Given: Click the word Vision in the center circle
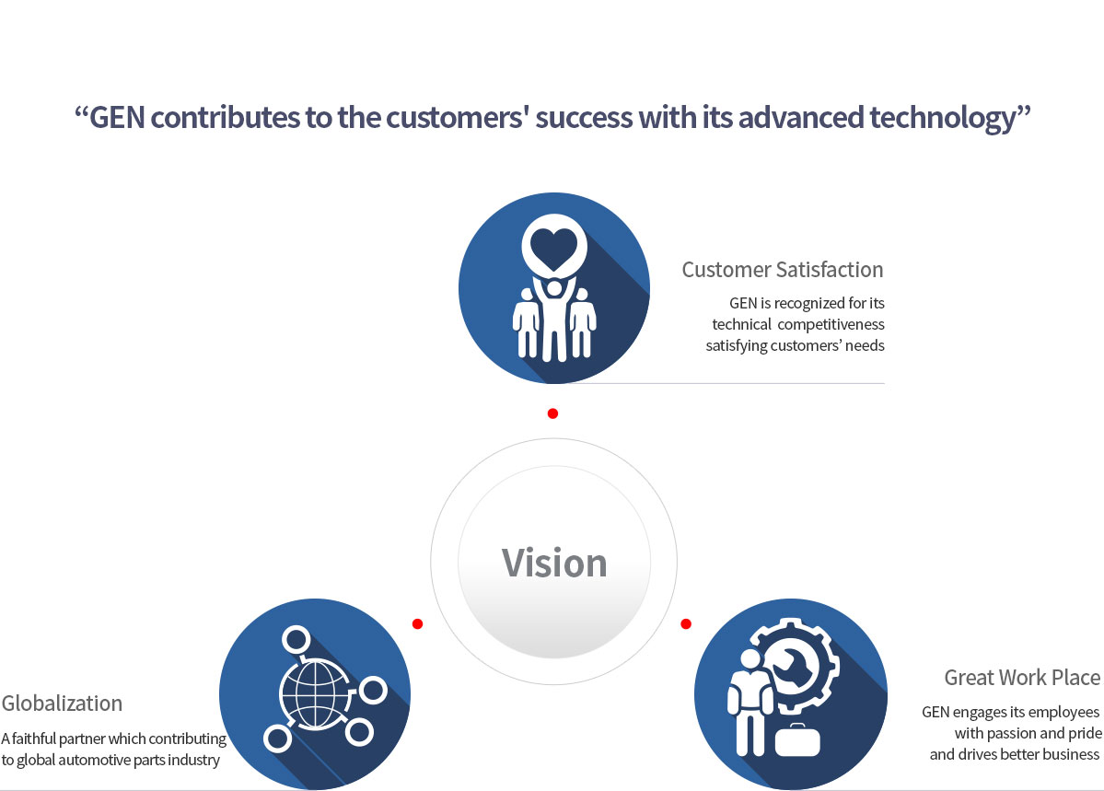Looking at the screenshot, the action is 554,563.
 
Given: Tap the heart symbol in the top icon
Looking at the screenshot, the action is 554,249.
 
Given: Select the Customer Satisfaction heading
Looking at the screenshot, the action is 783,270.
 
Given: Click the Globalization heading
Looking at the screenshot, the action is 62,703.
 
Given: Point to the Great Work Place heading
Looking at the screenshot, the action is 1022,677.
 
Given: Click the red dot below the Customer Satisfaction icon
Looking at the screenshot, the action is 552,413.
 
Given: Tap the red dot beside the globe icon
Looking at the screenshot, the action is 417,623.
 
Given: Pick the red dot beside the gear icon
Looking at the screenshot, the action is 686,623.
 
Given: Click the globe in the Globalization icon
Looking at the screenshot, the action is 315,693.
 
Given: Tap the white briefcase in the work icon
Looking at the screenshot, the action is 797,740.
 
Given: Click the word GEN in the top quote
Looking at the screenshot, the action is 117,117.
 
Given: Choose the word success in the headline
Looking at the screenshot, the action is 584,118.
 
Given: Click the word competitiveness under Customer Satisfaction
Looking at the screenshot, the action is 831,325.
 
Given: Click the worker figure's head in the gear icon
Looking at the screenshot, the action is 750,658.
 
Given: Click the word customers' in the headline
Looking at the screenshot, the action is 458,118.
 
